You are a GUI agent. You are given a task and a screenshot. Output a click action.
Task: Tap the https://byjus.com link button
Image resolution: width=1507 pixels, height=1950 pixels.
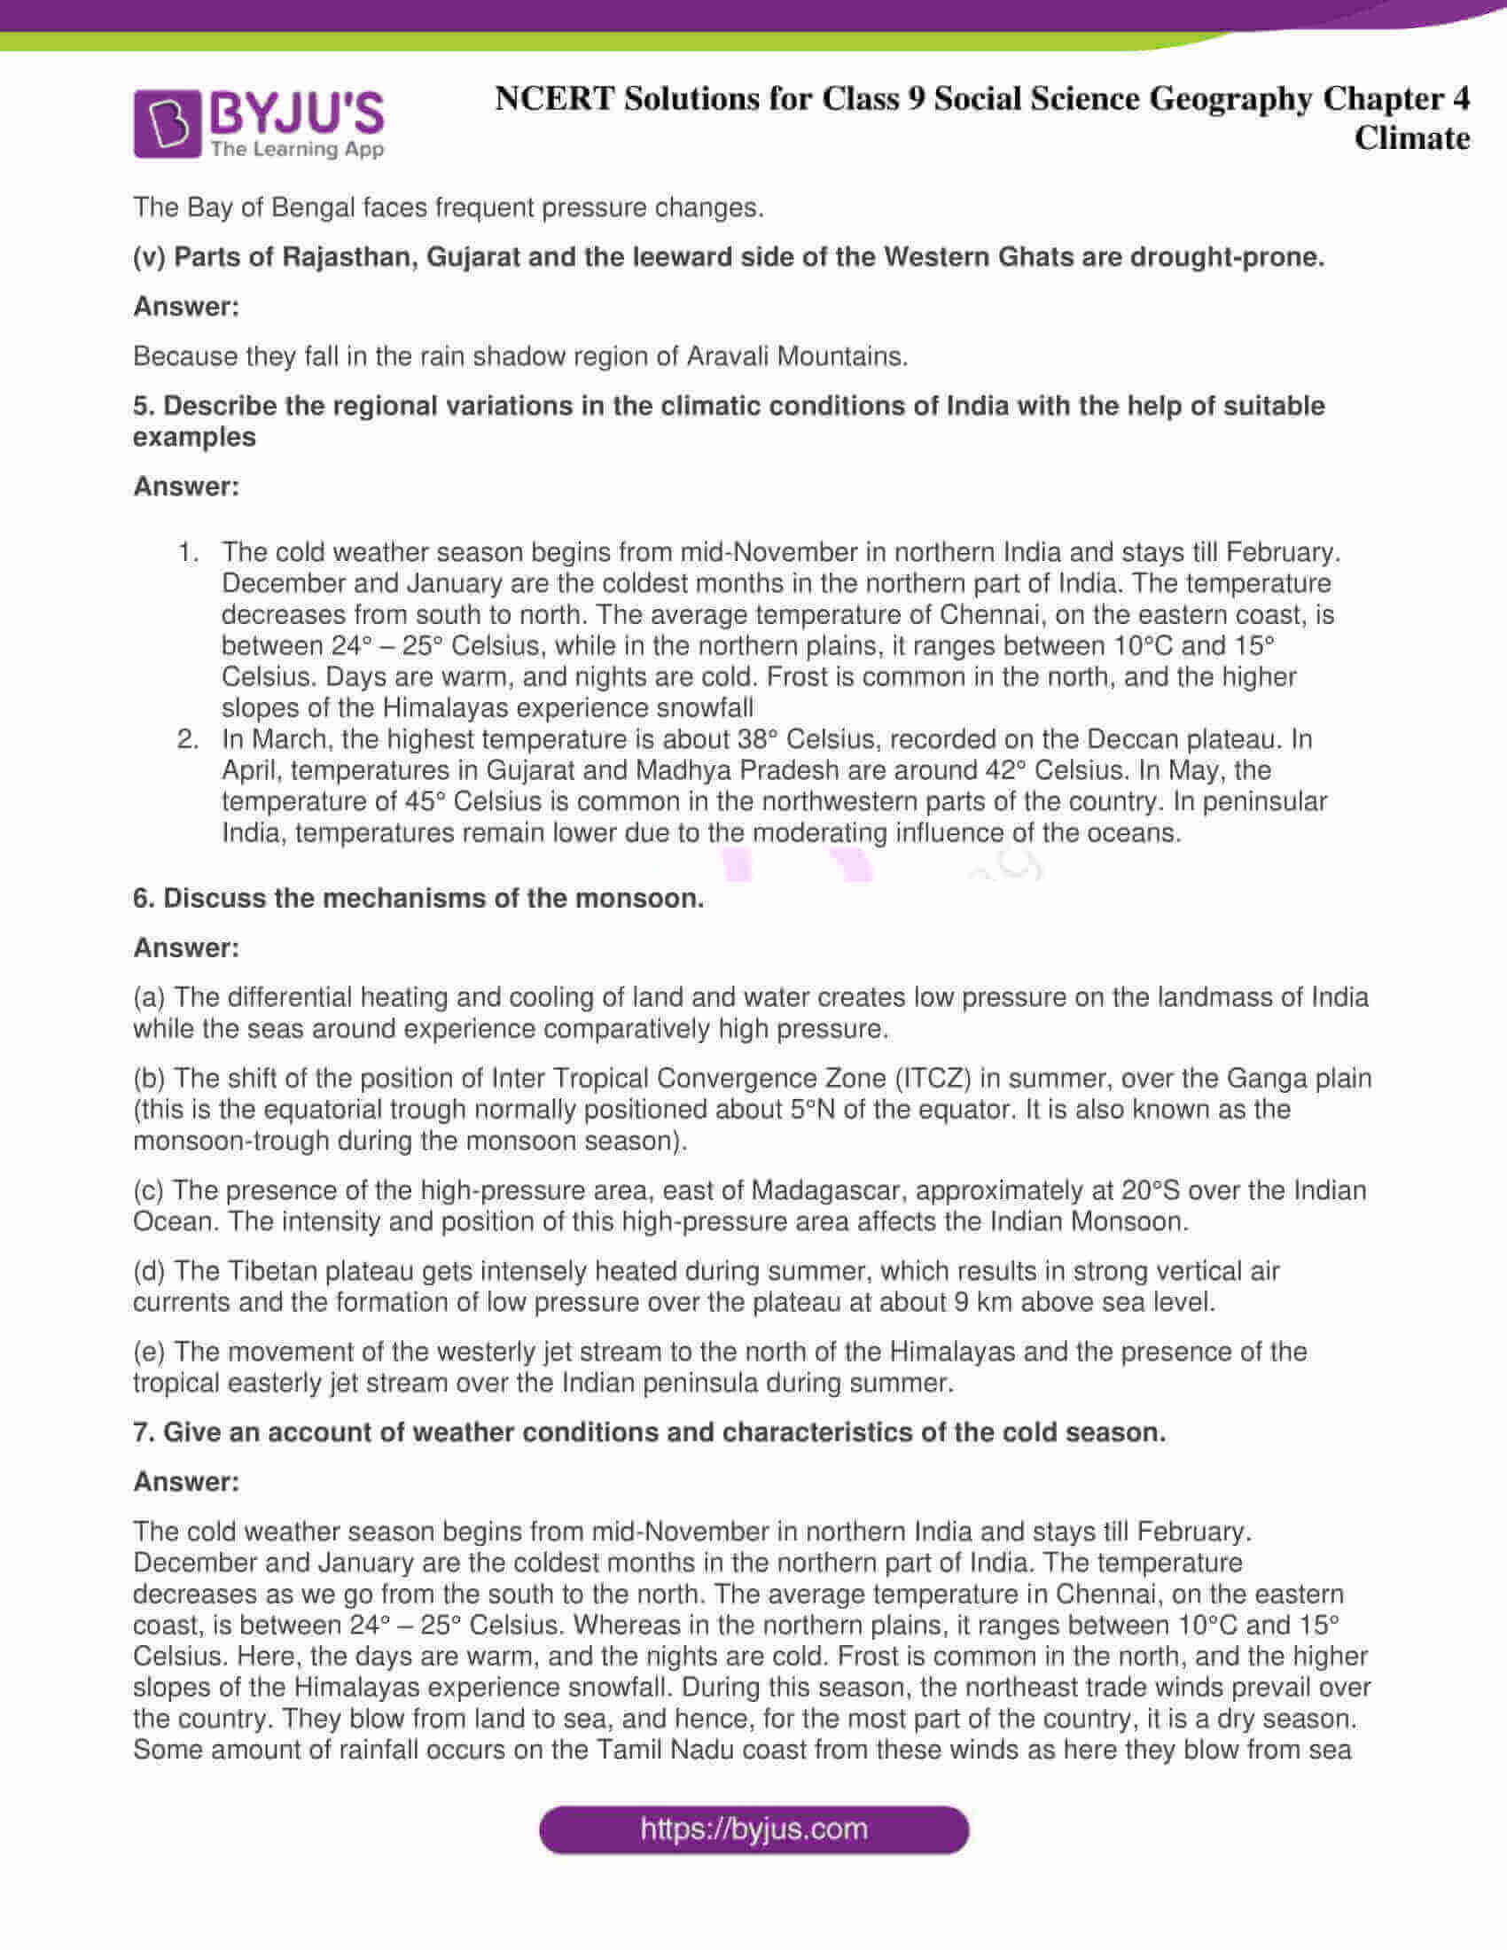coord(753,1829)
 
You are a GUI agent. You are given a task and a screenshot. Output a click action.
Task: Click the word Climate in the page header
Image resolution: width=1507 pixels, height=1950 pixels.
coord(1410,138)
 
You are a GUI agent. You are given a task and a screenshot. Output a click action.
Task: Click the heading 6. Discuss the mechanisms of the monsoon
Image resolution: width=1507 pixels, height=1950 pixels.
coord(418,898)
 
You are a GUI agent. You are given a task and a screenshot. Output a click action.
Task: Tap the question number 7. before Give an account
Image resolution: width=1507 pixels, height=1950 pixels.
coord(144,1432)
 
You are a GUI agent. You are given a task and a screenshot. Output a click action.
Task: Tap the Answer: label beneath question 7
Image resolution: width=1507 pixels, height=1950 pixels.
coord(185,1482)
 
